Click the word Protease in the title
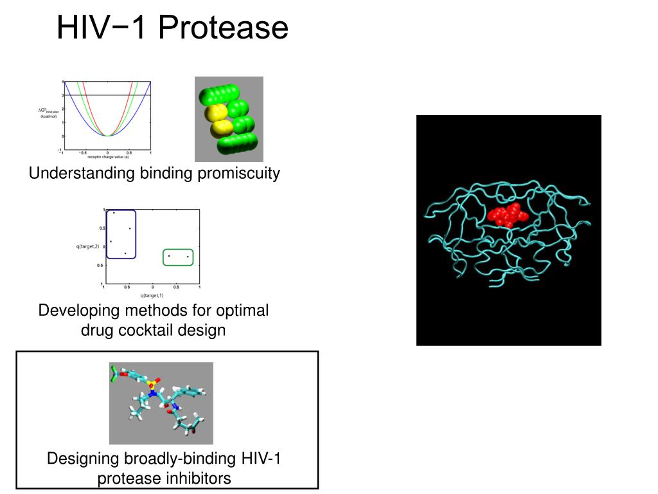[223, 28]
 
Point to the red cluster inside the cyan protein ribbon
[508, 215]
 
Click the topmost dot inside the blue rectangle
[114, 213]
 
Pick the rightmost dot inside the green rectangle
[188, 257]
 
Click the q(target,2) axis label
[88, 246]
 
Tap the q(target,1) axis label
[152, 295]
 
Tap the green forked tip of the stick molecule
[113, 374]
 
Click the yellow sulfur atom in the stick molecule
[150, 383]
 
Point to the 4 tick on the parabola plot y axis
[62, 82]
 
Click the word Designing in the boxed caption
[83, 459]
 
